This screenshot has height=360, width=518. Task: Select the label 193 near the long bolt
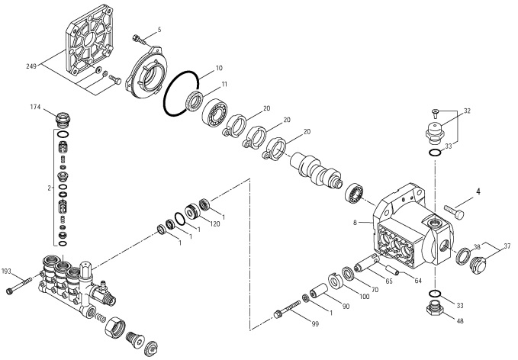pyautogui.click(x=7, y=271)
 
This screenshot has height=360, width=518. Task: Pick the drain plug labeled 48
pyautogui.click(x=433, y=309)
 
